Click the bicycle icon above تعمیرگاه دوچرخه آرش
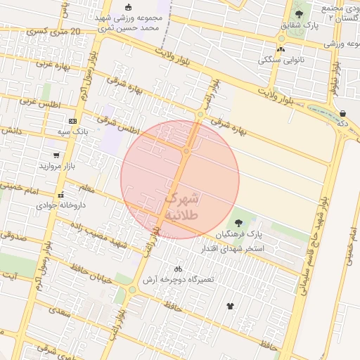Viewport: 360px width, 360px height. [x=178, y=268]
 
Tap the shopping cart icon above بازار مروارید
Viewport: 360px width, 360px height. [x=56, y=155]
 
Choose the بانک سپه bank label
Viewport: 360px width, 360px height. [x=72, y=131]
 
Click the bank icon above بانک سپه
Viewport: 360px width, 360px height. [x=72, y=121]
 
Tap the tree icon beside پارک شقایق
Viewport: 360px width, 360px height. [x=300, y=14]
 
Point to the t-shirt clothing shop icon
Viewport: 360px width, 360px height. [x=230, y=305]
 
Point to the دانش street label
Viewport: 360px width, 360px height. [x=13, y=130]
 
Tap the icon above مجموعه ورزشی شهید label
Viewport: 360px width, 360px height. [x=127, y=8]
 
